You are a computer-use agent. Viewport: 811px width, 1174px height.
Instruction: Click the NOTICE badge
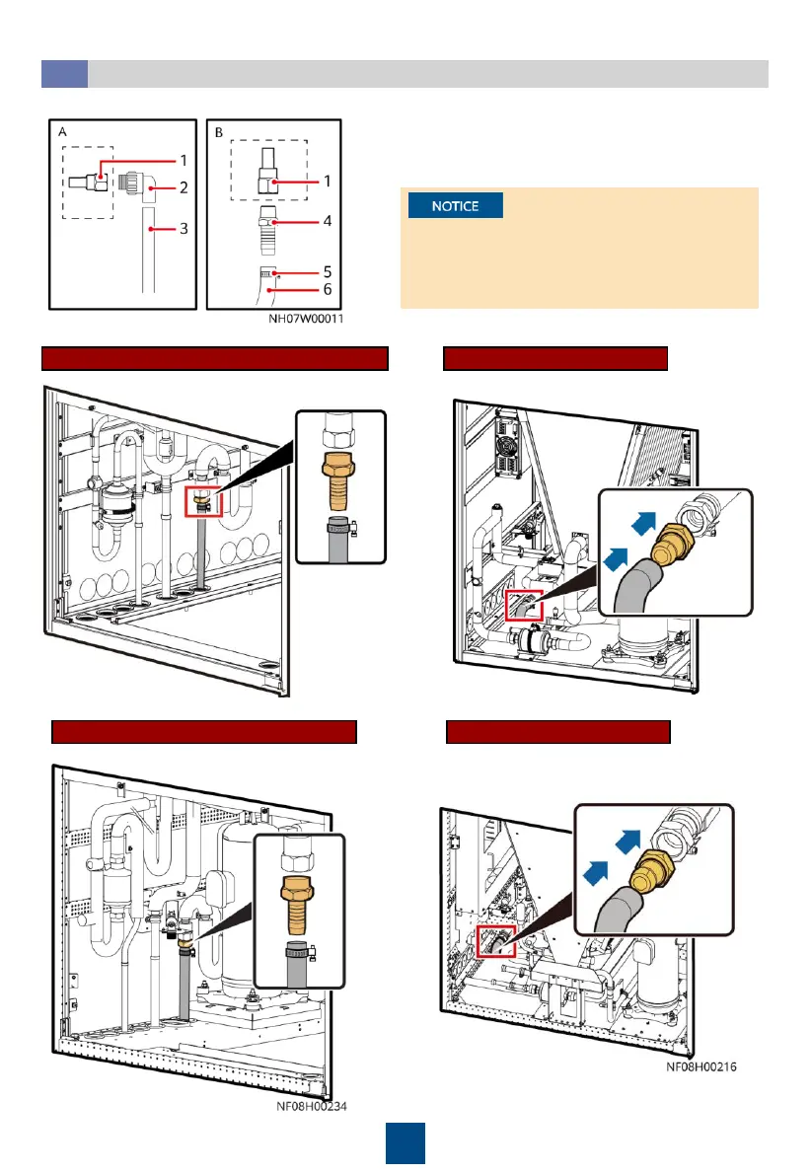pos(455,206)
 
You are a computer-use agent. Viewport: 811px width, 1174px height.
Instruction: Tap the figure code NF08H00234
pos(312,1106)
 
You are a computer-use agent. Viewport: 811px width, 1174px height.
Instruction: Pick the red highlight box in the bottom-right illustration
pos(491,943)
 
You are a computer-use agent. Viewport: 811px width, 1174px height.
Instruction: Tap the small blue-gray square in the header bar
pos(64,74)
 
